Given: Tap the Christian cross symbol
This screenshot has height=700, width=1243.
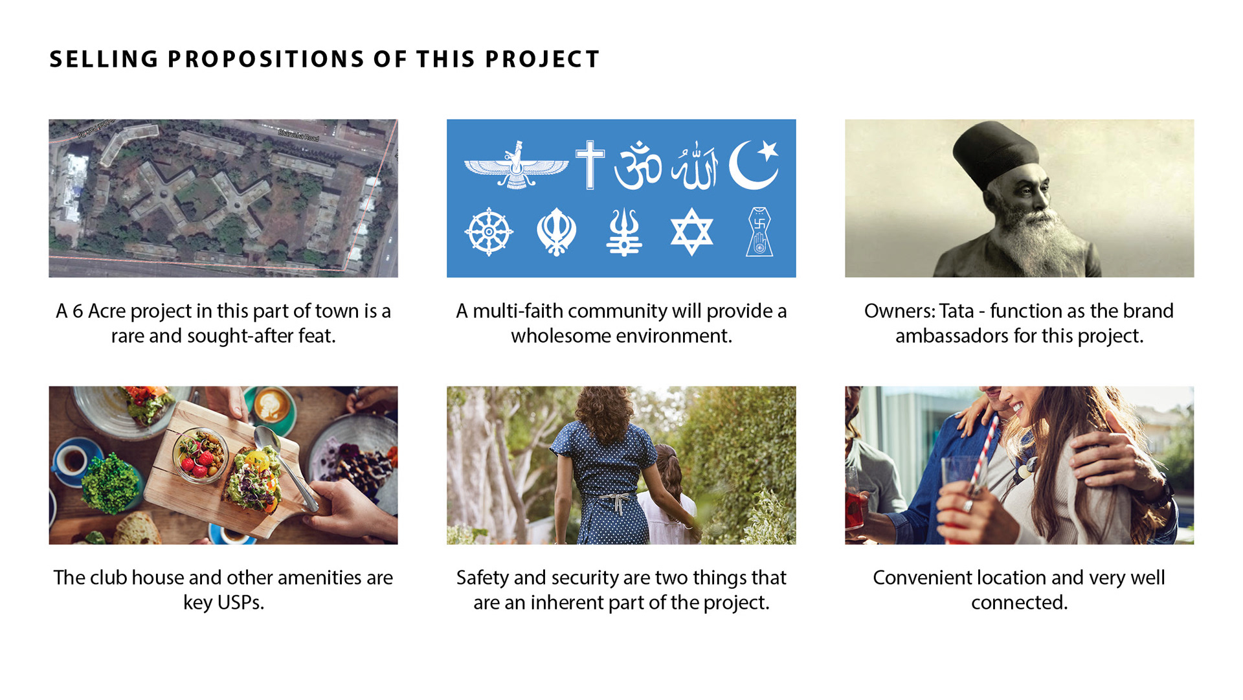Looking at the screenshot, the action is (x=590, y=164).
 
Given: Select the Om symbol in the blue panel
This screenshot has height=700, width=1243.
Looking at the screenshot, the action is (x=638, y=165).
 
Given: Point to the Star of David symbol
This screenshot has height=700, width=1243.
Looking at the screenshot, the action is (x=691, y=232).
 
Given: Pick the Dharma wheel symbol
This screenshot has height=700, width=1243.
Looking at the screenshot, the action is (x=489, y=232).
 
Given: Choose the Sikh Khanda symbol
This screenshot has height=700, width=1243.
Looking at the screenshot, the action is (x=556, y=232).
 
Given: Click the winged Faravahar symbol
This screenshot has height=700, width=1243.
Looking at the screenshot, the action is (x=516, y=165).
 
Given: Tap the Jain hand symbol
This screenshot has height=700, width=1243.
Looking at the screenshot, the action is (x=759, y=232).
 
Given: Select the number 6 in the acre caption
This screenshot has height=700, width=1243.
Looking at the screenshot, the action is (x=78, y=311).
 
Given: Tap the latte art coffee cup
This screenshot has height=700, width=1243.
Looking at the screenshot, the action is (x=273, y=409).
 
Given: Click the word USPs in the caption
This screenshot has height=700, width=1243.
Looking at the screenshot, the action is (x=241, y=603).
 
